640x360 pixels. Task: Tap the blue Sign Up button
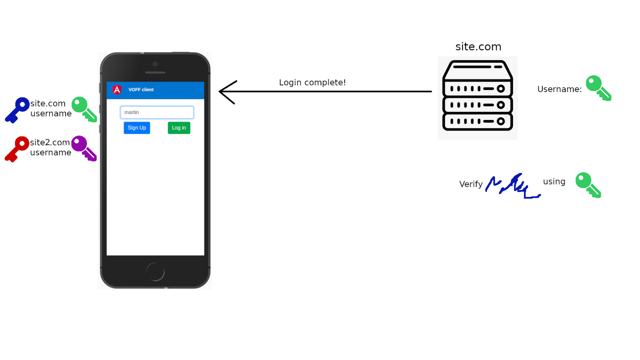pyautogui.click(x=137, y=128)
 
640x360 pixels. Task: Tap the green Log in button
pyautogui.click(x=179, y=128)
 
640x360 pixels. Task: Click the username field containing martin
pyautogui.click(x=157, y=113)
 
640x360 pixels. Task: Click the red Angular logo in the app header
pyautogui.click(x=117, y=90)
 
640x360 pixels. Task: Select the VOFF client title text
pyautogui.click(x=141, y=90)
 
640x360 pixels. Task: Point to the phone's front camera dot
pyautogui.click(x=155, y=64)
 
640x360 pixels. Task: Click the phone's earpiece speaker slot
pyautogui.click(x=155, y=73)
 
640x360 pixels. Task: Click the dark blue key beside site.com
pyautogui.click(x=17, y=110)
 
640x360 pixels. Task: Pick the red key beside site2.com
pyautogui.click(x=17, y=149)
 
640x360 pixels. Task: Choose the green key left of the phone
pyautogui.click(x=84, y=109)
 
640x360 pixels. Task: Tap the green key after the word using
pyautogui.click(x=588, y=185)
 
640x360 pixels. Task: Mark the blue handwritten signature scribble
pyautogui.click(x=512, y=187)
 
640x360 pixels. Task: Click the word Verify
pyautogui.click(x=471, y=185)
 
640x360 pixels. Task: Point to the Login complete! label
pyautogui.click(x=313, y=83)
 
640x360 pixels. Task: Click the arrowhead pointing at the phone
pyautogui.click(x=227, y=92)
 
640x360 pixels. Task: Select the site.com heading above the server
pyautogui.click(x=478, y=47)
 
